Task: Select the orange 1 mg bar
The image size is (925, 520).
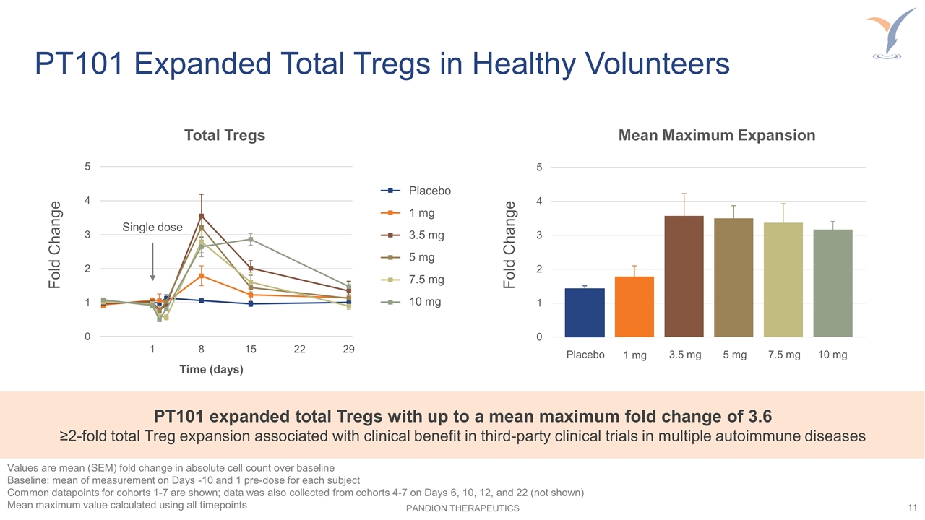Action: coord(634,307)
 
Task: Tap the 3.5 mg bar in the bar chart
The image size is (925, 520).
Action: coord(684,277)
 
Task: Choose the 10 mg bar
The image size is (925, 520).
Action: coord(832,283)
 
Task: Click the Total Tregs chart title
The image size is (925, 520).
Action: coord(225,135)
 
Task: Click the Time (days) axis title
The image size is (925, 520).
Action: coord(211,370)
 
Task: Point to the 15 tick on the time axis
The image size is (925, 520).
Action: coord(250,350)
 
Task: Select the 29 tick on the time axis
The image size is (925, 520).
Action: coord(348,350)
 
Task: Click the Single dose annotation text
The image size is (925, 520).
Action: coord(152,227)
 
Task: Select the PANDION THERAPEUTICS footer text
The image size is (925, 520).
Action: coord(462,508)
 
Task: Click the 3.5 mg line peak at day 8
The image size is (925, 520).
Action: coord(202,216)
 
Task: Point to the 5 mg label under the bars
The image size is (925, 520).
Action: coord(733,355)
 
